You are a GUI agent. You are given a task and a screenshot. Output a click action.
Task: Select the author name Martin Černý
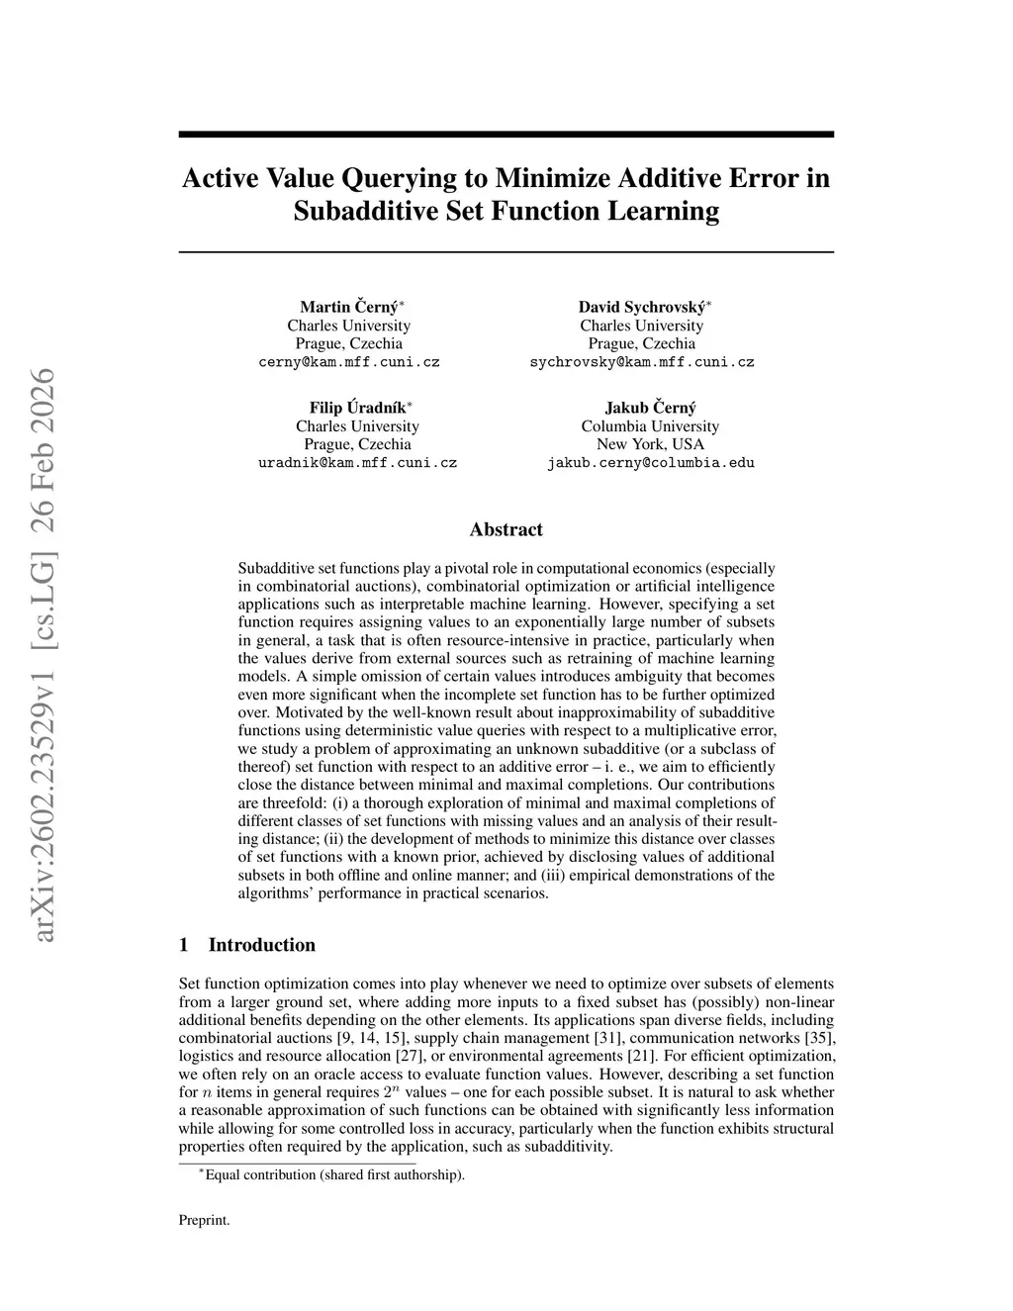pyautogui.click(x=348, y=307)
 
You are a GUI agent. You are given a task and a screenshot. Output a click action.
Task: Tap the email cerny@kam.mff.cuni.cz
pyautogui.click(x=349, y=362)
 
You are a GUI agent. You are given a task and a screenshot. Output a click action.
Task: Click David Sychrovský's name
pyautogui.click(x=641, y=307)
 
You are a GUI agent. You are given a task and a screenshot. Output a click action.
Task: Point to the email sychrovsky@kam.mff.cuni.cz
pyautogui.click(x=642, y=362)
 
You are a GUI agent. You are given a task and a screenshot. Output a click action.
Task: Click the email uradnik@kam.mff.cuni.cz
pyautogui.click(x=357, y=463)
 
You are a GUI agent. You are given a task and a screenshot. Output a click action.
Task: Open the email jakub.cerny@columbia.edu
pyautogui.click(x=650, y=463)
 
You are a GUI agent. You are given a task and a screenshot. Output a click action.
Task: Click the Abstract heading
pyautogui.click(x=506, y=529)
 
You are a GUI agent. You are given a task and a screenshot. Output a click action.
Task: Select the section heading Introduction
pyautogui.click(x=261, y=945)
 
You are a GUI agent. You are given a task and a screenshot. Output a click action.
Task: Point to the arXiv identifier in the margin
pyautogui.click(x=43, y=654)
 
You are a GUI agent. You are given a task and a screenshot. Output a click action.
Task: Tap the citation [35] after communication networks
pyautogui.click(x=822, y=1038)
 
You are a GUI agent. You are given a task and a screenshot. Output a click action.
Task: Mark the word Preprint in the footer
pyautogui.click(x=204, y=1221)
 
